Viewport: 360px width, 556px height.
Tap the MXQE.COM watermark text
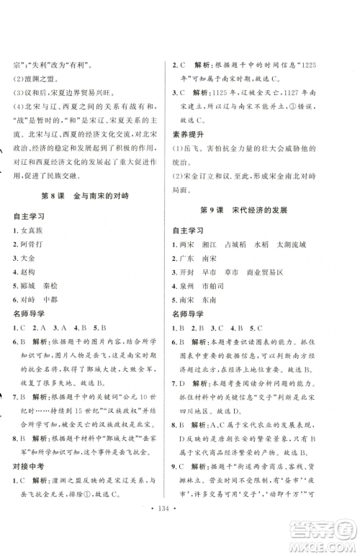tap(325, 544)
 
